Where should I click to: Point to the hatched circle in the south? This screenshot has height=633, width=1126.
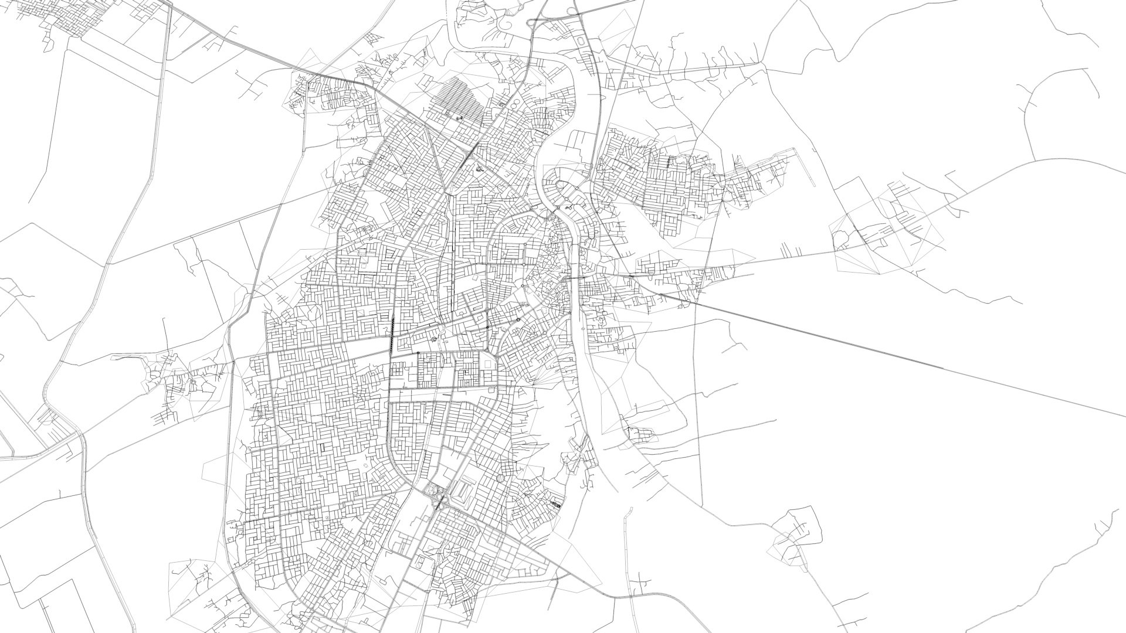[x=500, y=479]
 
